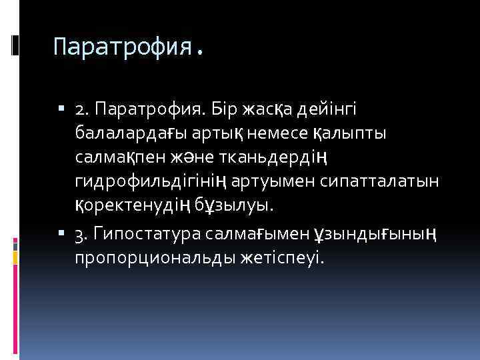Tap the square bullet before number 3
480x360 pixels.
click(61, 233)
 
